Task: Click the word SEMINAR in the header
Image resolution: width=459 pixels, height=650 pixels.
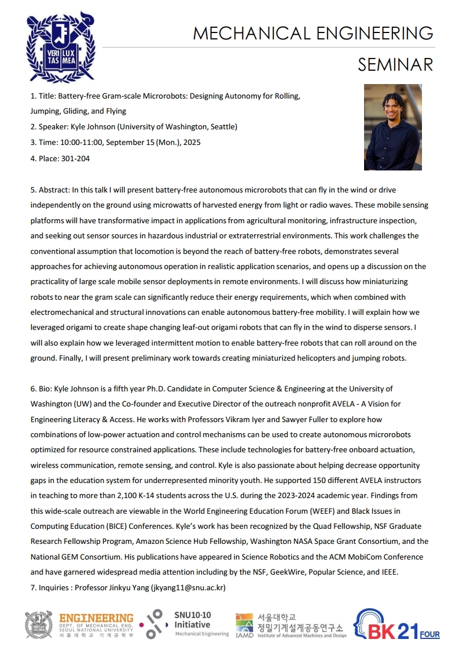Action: (x=395, y=64)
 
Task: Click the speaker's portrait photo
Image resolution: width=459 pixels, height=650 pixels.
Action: (x=392, y=128)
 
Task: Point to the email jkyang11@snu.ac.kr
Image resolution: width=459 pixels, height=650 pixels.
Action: (x=188, y=588)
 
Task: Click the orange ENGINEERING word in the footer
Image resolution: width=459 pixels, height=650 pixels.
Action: (x=96, y=619)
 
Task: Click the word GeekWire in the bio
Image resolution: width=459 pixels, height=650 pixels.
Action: (x=284, y=572)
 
